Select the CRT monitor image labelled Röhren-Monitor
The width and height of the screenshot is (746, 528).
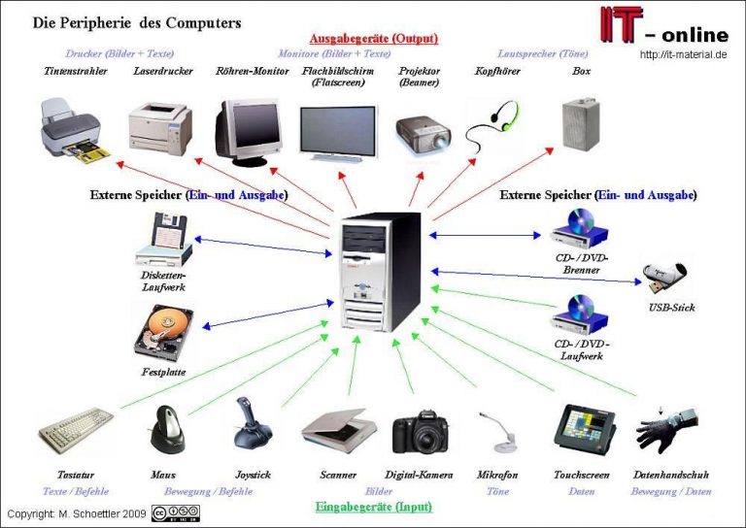[x=247, y=130]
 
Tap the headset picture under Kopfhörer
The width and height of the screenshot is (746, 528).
[x=496, y=125]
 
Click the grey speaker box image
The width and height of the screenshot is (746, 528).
[x=580, y=125]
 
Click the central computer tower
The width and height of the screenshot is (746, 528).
[x=381, y=271]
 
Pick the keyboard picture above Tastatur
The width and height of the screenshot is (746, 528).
[x=76, y=427]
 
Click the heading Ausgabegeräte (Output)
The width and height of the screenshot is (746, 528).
[x=374, y=39]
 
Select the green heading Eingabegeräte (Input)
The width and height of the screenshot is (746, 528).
[x=374, y=507]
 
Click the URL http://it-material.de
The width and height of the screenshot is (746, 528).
[x=684, y=54]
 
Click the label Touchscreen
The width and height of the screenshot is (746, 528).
[x=582, y=475]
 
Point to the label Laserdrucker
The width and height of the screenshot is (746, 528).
[x=162, y=71]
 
